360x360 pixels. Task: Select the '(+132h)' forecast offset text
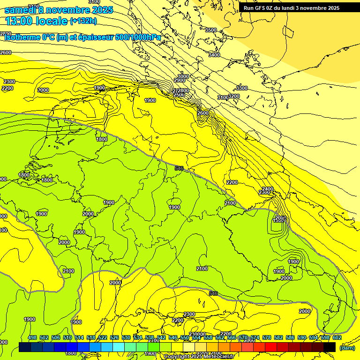pyautogui.click(x=83, y=21)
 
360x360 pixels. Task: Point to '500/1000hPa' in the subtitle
pyautogui.click(x=137, y=37)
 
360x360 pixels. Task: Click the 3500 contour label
pyautogui.click(x=211, y=30)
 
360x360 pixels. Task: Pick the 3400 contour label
pyautogui.click(x=214, y=55)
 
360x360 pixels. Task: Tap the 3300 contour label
pyautogui.click(x=241, y=88)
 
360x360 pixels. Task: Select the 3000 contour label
pyautogui.click(x=183, y=76)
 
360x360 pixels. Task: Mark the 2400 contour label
pyautogui.click(x=268, y=188)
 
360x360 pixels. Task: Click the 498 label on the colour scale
pyautogui.click(x=32, y=337)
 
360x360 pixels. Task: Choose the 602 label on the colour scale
pyautogui.click(x=337, y=337)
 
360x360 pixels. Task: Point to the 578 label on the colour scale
pyautogui.click(x=266, y=337)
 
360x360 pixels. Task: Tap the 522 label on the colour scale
pyautogui.click(x=103, y=337)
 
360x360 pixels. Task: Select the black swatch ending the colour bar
pyautogui.click(x=330, y=347)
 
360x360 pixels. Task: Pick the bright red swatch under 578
pyautogui.click(x=271, y=347)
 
